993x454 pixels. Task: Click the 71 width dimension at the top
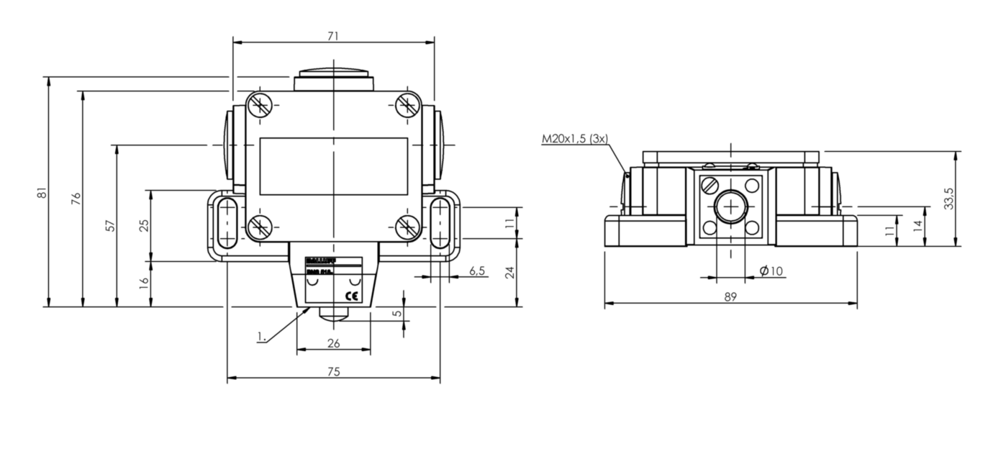tap(333, 35)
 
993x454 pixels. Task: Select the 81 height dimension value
tap(42, 192)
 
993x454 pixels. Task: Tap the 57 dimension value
tap(110, 225)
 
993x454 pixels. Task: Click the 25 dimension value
tap(145, 225)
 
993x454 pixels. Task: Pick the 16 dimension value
tap(145, 283)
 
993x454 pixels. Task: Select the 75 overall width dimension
tap(333, 371)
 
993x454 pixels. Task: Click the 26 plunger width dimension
tap(333, 343)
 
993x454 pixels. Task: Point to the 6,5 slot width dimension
tap(477, 271)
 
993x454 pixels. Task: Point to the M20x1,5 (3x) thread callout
tap(574, 139)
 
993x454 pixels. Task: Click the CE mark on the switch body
tap(352, 296)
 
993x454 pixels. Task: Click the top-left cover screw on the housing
tap(260, 105)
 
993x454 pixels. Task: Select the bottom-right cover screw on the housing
tap(407, 227)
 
